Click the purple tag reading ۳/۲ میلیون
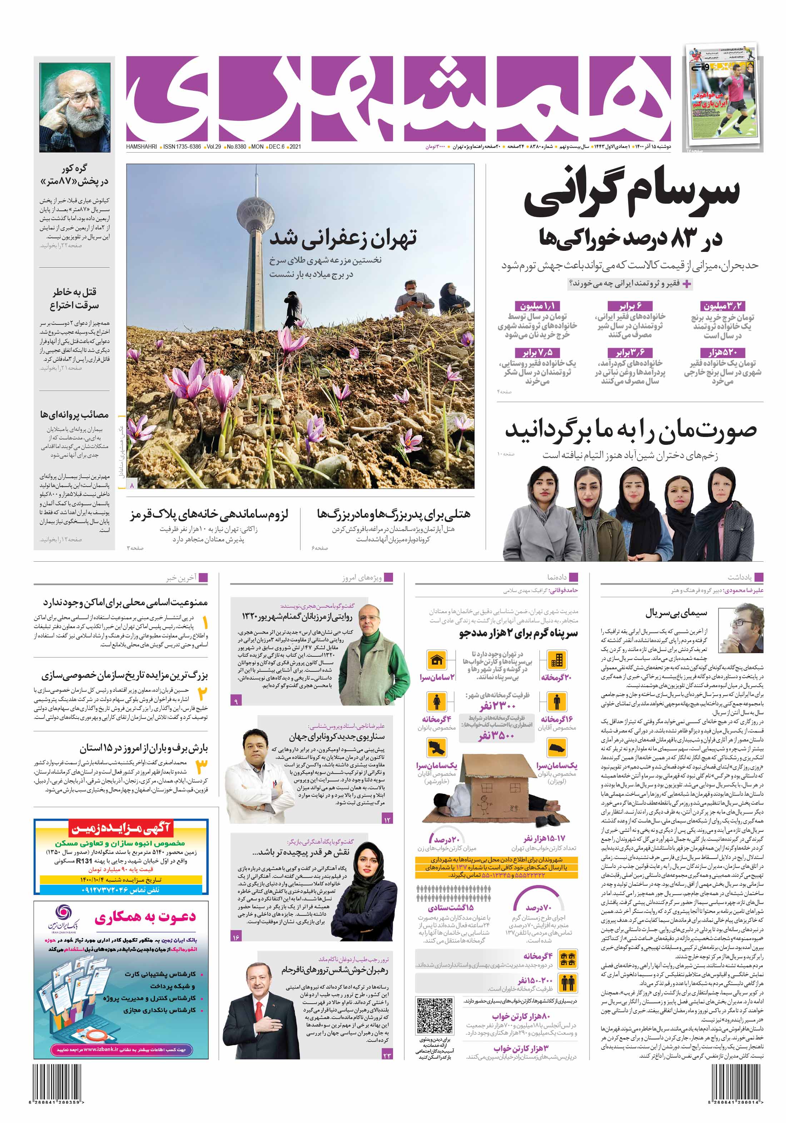[x=723, y=306]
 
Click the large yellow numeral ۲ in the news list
[x=202, y=694]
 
